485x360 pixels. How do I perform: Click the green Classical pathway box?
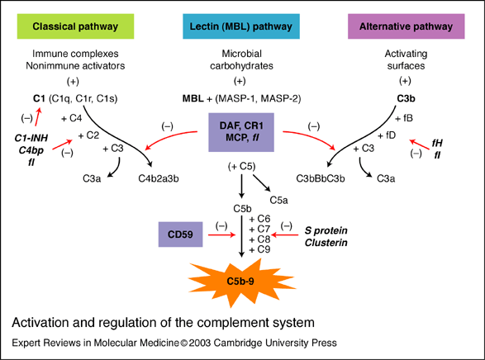[75, 26]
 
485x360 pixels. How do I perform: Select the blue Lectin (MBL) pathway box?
[241, 26]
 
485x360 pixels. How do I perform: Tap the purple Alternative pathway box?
[407, 26]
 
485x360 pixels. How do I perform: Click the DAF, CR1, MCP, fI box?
[241, 132]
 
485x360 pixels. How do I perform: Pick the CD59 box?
[180, 234]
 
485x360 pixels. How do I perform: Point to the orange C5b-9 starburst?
[241, 282]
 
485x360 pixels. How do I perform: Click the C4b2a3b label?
[159, 178]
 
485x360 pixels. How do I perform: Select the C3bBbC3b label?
[321, 178]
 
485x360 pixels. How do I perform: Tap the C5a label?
[278, 201]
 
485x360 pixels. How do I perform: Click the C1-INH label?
[31, 138]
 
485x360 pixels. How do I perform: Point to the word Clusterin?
[326, 243]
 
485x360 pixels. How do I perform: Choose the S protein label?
[326, 230]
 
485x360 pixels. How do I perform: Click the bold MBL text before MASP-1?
[193, 98]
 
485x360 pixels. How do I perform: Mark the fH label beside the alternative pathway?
[437, 143]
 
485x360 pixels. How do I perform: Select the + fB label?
[404, 118]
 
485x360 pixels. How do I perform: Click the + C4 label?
[71, 118]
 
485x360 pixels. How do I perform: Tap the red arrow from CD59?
[221, 234]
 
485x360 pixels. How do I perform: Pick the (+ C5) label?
[241, 167]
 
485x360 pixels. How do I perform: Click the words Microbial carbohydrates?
[241, 59]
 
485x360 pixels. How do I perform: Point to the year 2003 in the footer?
[200, 343]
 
